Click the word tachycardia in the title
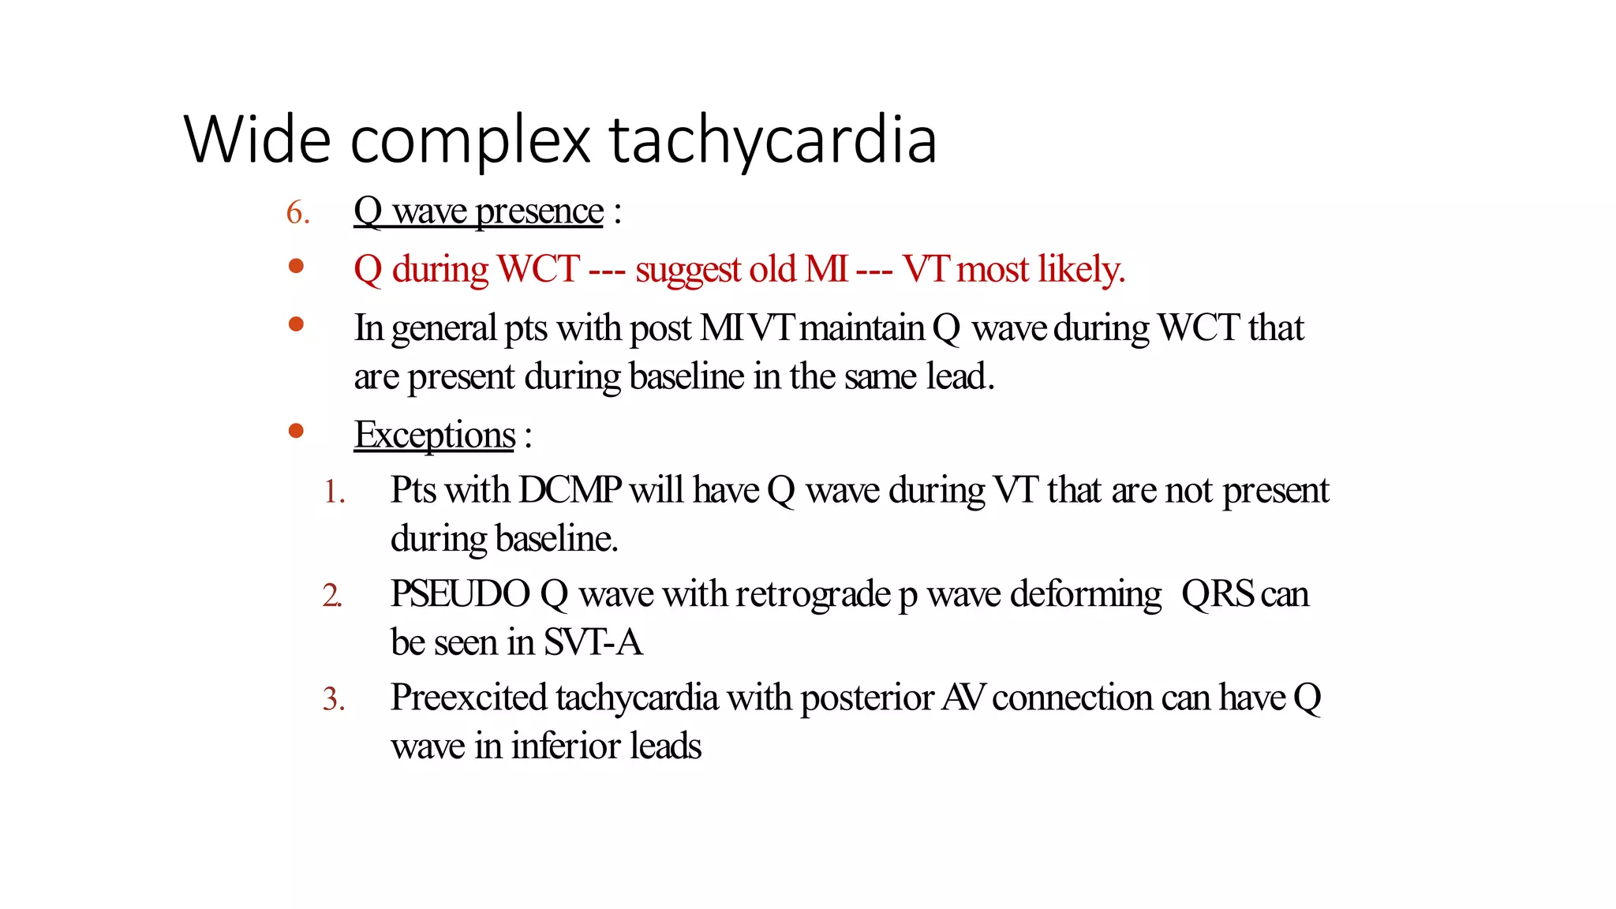pyautogui.click(x=773, y=140)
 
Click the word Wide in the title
pyautogui.click(x=256, y=140)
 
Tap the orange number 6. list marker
pyautogui.click(x=297, y=213)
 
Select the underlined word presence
pyautogui.click(x=540, y=211)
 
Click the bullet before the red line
pyautogui.click(x=297, y=267)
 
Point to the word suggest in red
pyautogui.click(x=686, y=270)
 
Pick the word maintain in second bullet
pyautogui.click(x=862, y=328)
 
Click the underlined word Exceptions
pyautogui.click(x=434, y=435)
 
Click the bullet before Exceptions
pyautogui.click(x=297, y=431)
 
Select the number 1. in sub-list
pyautogui.click(x=335, y=492)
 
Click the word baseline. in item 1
pyautogui.click(x=556, y=539)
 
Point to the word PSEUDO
pyautogui.click(x=460, y=594)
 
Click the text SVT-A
pyautogui.click(x=593, y=642)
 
